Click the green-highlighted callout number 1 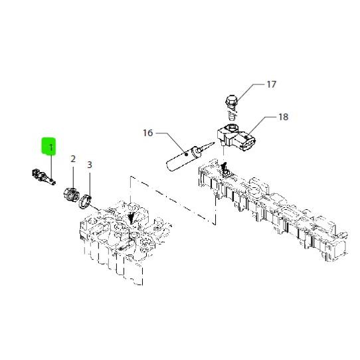click(50, 147)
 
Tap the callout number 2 click(73, 159)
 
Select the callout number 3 click(90, 165)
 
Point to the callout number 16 click(148, 133)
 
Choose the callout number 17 click(271, 84)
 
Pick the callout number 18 click(284, 117)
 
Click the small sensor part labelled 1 click(43, 177)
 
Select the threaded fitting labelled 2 click(72, 195)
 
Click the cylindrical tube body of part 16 click(181, 159)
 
